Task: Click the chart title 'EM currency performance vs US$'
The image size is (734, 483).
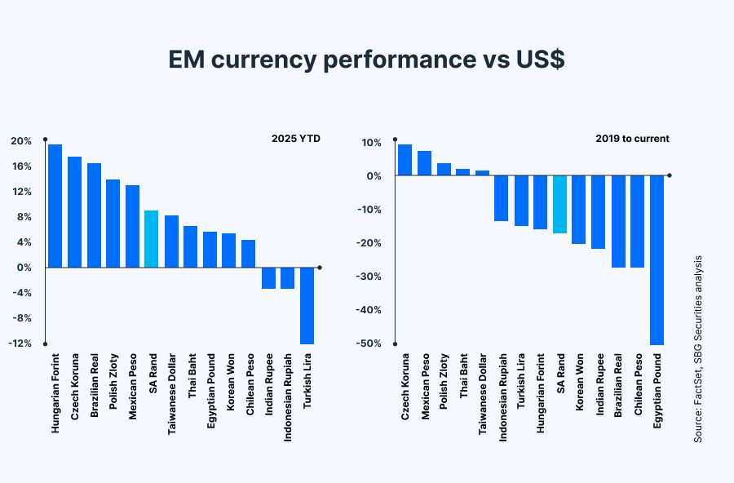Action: pyautogui.click(x=366, y=60)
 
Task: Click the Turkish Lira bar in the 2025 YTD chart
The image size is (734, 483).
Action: pyautogui.click(x=307, y=305)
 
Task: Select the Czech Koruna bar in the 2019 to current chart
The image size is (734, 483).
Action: pyautogui.click(x=405, y=160)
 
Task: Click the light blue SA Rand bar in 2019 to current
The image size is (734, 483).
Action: pyautogui.click(x=559, y=204)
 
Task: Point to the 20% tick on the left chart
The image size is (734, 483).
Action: pyautogui.click(x=21, y=141)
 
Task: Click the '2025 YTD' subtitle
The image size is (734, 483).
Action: pyautogui.click(x=295, y=139)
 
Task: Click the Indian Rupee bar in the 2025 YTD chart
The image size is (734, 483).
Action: pyautogui.click(x=268, y=278)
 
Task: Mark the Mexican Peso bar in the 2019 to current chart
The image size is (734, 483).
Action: pyautogui.click(x=424, y=163)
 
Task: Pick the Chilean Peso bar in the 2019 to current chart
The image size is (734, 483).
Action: pyautogui.click(x=638, y=221)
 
